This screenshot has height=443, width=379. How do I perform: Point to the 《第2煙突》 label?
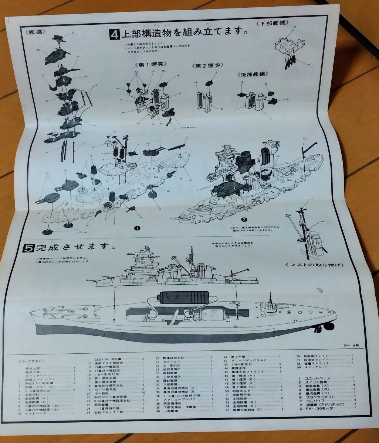pos(206,66)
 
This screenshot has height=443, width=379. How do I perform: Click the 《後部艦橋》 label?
pos(251,74)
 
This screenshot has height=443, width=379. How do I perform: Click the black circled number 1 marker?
pos(137,228)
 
